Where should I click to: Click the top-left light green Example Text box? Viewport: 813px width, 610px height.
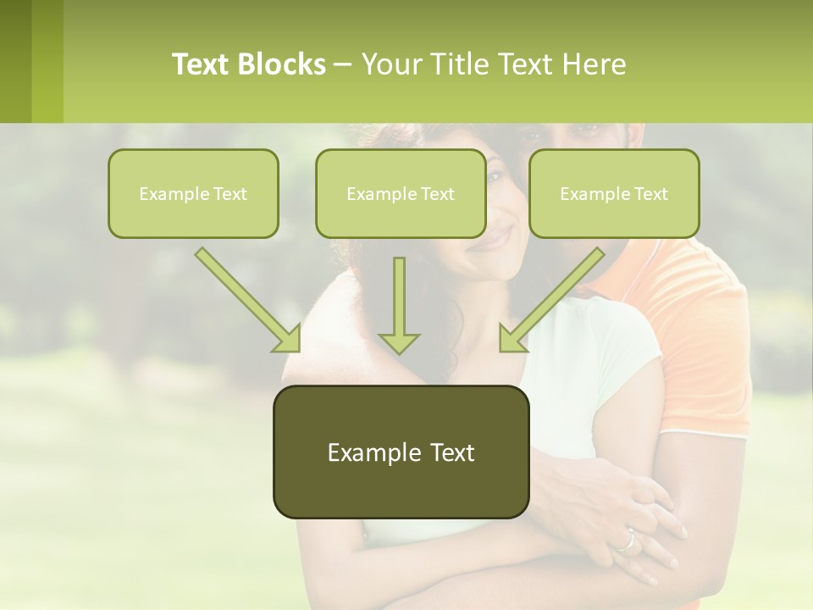pyautogui.click(x=193, y=193)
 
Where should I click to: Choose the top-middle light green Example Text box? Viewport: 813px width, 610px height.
pyautogui.click(x=401, y=193)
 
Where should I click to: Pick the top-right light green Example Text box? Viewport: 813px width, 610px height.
pyautogui.click(x=614, y=193)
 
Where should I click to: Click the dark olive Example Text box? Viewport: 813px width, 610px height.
pyautogui.click(x=401, y=452)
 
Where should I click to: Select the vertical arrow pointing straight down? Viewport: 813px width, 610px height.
pyautogui.click(x=399, y=305)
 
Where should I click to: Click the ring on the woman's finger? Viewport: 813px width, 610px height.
pyautogui.click(x=628, y=540)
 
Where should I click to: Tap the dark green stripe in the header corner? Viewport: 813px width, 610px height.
pyautogui.click(x=15, y=61)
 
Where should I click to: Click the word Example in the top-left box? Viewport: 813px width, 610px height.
pyautogui.click(x=167, y=194)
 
